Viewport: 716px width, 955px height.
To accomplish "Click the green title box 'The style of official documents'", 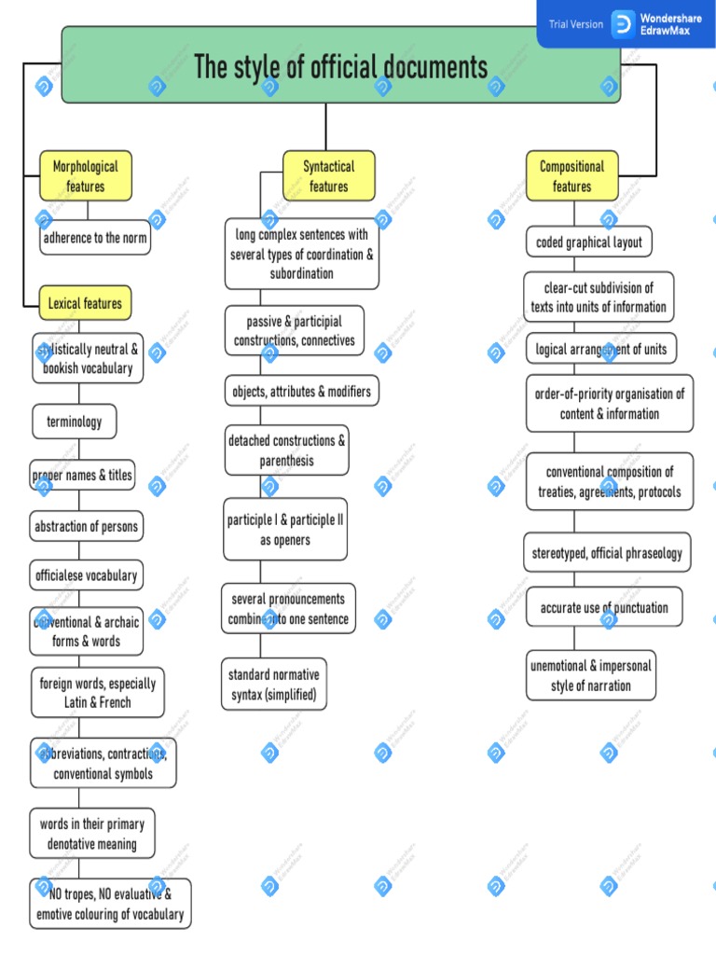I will pyautogui.click(x=340, y=67).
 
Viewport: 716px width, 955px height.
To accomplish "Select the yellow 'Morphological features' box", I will pyautogui.click(x=86, y=176).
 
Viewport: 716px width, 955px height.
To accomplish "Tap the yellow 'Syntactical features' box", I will pyautogui.click(x=329, y=176).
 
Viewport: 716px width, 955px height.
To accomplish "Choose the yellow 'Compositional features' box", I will pyautogui.click(x=571, y=176).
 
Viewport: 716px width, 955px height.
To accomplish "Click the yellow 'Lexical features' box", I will pyautogui.click(x=85, y=304).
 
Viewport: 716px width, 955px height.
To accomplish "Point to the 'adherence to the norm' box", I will pyautogui.click(x=94, y=238).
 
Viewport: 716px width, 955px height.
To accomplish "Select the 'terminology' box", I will pyautogui.click(x=75, y=422).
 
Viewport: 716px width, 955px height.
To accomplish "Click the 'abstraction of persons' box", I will pyautogui.click(x=87, y=527).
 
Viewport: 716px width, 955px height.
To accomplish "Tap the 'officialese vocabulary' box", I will pyautogui.click(x=87, y=575).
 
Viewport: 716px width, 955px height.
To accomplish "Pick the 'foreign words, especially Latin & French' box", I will pyautogui.click(x=98, y=693).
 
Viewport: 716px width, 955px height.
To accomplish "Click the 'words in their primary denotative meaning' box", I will pyautogui.click(x=92, y=834).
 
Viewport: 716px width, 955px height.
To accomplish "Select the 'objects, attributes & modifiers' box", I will pyautogui.click(x=302, y=392).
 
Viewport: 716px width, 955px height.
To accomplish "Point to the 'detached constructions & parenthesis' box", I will pyautogui.click(x=287, y=450).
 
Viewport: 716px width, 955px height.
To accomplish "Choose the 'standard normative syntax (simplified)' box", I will pyautogui.click(x=274, y=685).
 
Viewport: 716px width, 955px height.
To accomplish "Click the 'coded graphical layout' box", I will pyautogui.click(x=589, y=242).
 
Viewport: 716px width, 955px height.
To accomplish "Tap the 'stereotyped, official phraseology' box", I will pyautogui.click(x=607, y=553).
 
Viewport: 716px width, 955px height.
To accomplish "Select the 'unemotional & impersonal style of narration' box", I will pyautogui.click(x=591, y=675).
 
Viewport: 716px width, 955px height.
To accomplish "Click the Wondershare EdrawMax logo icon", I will pyautogui.click(x=623, y=24).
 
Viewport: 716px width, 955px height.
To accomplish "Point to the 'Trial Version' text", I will pyautogui.click(x=575, y=24).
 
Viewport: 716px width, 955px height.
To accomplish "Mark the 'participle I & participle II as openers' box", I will pyautogui.click(x=286, y=530).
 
